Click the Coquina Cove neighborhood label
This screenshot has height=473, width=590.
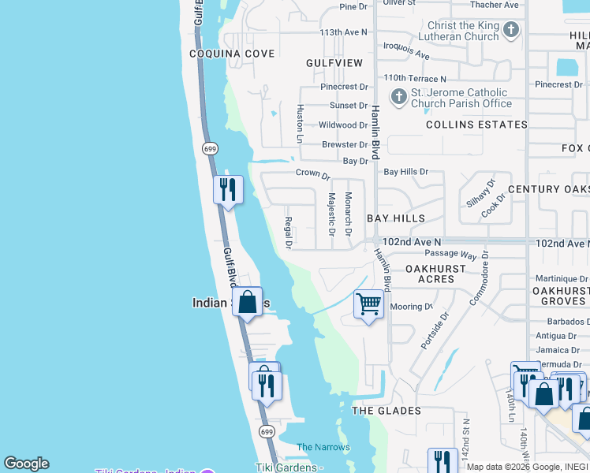click(232, 54)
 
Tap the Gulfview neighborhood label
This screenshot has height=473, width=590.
click(334, 62)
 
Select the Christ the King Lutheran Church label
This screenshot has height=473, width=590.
click(463, 31)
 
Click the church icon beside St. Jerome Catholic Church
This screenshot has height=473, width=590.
click(399, 97)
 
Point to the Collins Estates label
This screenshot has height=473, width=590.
click(465, 125)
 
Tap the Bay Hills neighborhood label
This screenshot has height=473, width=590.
click(396, 218)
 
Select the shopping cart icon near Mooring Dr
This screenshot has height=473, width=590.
click(368, 303)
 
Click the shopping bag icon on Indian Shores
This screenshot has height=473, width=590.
click(248, 302)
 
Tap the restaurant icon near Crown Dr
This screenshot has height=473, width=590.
click(228, 189)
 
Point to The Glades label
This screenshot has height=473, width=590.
click(386, 411)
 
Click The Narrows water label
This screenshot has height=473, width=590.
click(323, 447)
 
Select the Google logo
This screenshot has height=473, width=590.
click(26, 464)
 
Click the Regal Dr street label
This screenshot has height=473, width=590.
click(289, 233)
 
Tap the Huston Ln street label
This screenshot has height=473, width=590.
click(300, 123)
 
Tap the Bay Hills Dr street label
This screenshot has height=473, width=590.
click(405, 171)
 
